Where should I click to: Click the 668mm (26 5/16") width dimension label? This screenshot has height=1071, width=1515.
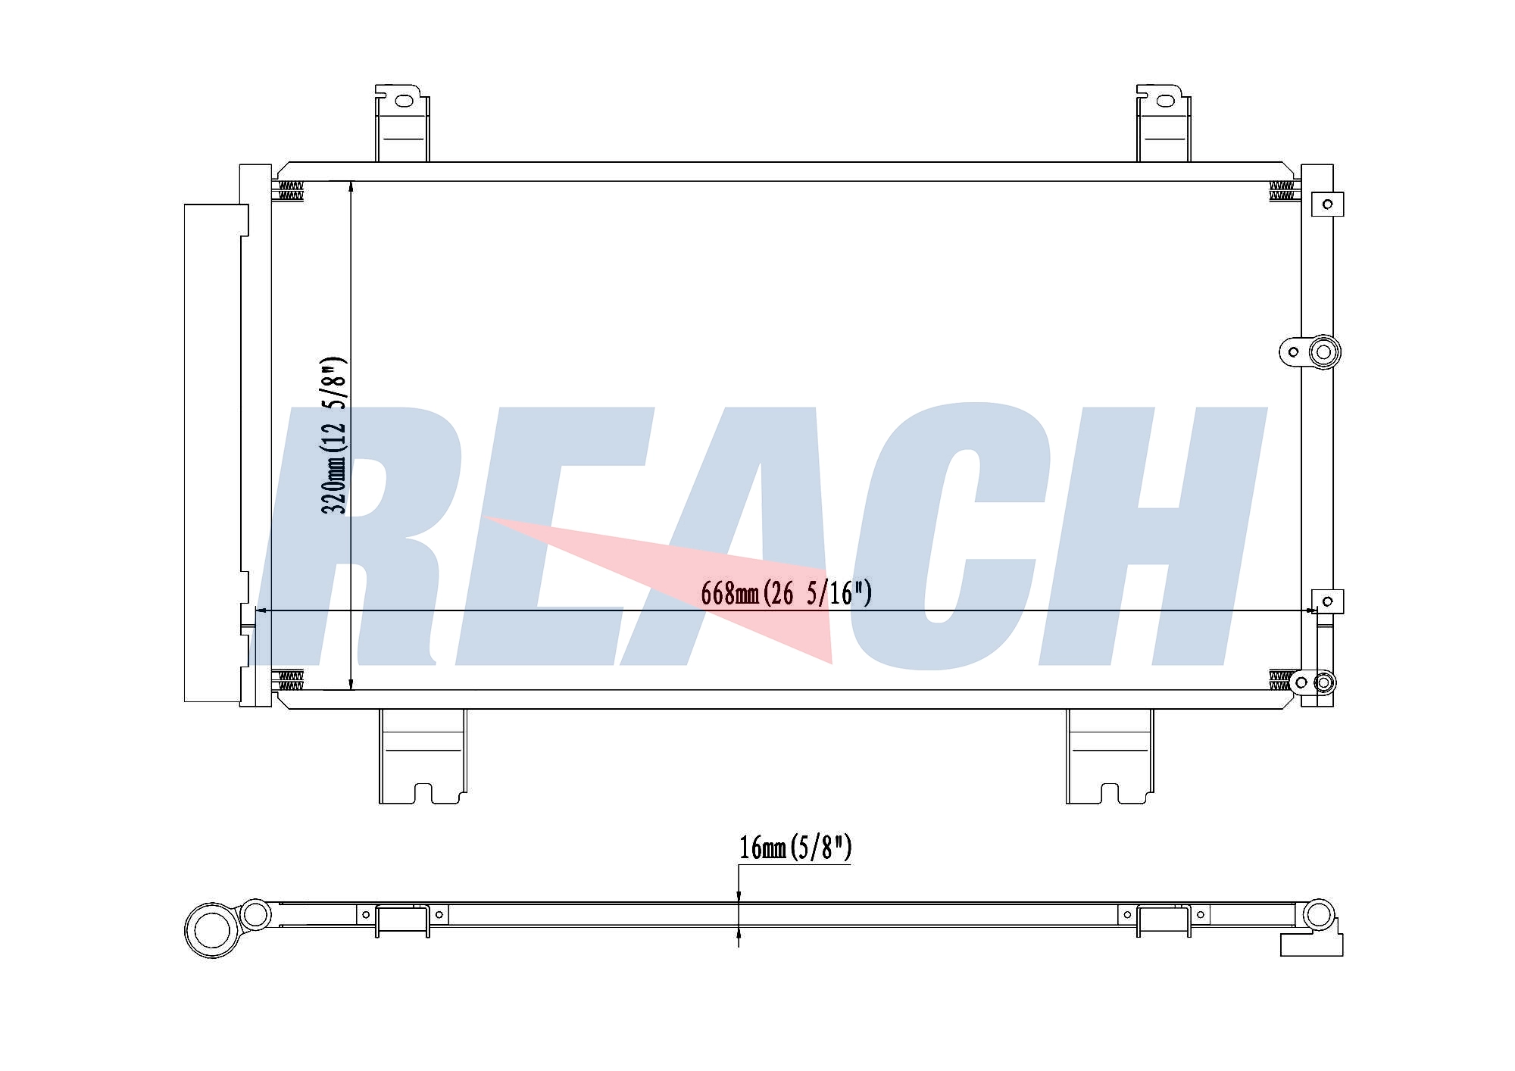(786, 592)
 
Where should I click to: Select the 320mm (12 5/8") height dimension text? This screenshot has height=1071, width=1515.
(334, 436)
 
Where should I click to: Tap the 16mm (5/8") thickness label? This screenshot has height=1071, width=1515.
(795, 848)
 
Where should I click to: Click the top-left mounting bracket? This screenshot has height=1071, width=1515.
(402, 123)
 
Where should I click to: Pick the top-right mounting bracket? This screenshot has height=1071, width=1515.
(1164, 123)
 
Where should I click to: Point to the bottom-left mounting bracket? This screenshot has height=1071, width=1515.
(423, 756)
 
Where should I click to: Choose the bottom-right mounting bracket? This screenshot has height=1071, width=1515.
(1110, 756)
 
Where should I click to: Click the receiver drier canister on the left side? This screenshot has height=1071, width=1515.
(216, 453)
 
